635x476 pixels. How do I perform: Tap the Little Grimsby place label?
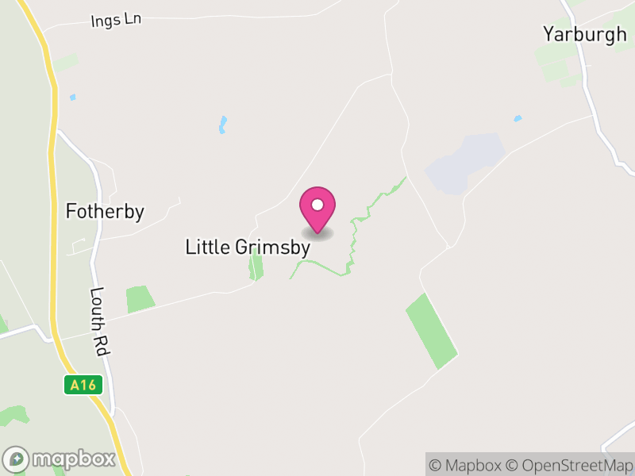tap(247, 247)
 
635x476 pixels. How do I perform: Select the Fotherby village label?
tap(105, 212)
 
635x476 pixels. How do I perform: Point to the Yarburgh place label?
tap(584, 34)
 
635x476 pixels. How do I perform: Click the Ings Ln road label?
tap(116, 20)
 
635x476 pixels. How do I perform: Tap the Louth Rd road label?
tap(101, 321)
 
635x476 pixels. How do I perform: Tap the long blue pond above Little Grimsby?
tap(223, 125)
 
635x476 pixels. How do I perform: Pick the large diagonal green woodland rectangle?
tap(432, 330)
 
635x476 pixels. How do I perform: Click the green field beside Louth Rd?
tap(140, 299)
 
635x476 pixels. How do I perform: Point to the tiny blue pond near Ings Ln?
tap(73, 97)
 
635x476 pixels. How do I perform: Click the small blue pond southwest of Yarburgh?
tap(518, 119)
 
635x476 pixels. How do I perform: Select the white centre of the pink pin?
tap(317, 205)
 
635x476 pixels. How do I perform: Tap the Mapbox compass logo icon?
tap(17, 459)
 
